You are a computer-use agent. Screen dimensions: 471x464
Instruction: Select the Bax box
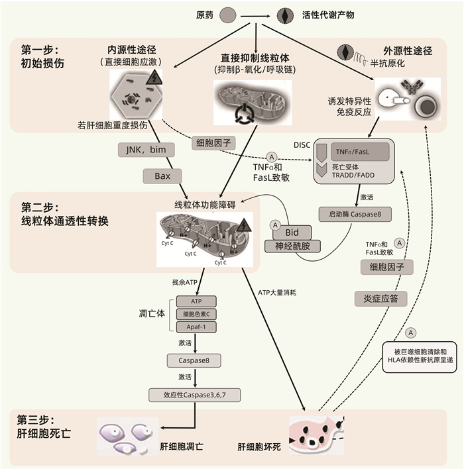pos(162,176)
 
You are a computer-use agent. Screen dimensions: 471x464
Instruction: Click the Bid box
pos(292,233)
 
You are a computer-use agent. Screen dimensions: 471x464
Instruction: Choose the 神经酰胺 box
pos(292,247)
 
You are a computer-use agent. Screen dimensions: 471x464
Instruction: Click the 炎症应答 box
pos(380,299)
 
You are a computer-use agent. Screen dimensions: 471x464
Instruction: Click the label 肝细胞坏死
pos(259,447)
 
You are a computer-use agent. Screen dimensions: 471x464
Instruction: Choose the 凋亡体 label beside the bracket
pos(152,313)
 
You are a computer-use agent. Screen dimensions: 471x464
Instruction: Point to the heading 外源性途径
pos(408,50)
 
